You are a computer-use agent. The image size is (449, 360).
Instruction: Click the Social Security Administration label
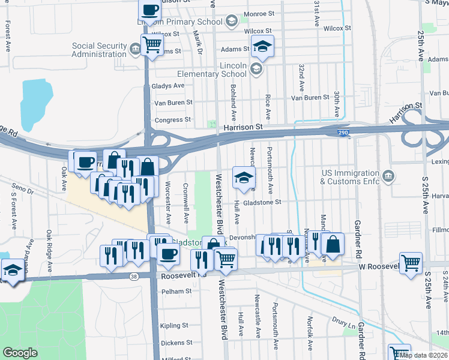coord(99,50)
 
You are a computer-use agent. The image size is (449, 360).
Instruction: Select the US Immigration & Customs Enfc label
coord(351,176)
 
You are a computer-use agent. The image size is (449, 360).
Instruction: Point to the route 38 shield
coord(134,276)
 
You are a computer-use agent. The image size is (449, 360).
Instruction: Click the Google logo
coord(20,353)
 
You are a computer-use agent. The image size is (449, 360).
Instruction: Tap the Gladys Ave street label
coord(169,86)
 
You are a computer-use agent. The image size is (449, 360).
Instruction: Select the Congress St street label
coord(172,119)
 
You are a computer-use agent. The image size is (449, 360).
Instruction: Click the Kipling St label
coord(175,325)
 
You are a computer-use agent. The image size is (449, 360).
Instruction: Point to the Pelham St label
coord(175,291)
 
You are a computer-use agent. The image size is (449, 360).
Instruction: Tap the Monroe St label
coord(258,13)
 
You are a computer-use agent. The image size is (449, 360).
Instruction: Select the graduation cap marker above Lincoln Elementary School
coord(262,47)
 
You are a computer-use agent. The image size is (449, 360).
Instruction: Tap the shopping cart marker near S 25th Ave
coord(411,262)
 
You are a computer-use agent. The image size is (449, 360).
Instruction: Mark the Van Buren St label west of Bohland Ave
coord(173,102)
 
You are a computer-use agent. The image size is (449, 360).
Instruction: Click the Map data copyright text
coord(423,355)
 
